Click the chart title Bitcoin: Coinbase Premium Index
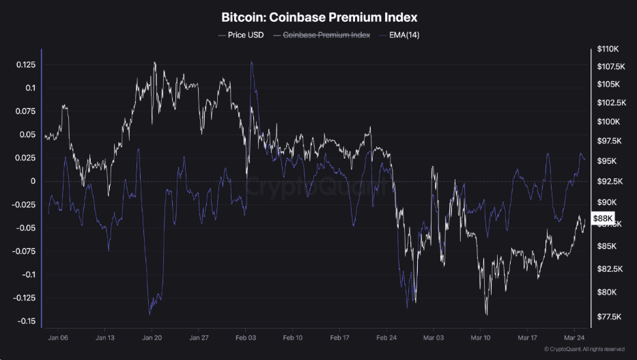[319, 16]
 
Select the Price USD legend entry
[242, 34]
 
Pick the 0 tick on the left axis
[32, 181]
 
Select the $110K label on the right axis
[607, 49]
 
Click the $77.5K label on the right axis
[608, 317]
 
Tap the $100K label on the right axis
[607, 122]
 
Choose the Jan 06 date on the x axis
[58, 337]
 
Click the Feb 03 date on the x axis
[245, 337]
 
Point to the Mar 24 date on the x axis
[574, 337]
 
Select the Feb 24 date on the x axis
[386, 337]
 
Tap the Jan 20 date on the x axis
[152, 337]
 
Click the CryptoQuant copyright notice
[584, 350]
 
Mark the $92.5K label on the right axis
[608, 182]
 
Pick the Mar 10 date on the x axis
[480, 337]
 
